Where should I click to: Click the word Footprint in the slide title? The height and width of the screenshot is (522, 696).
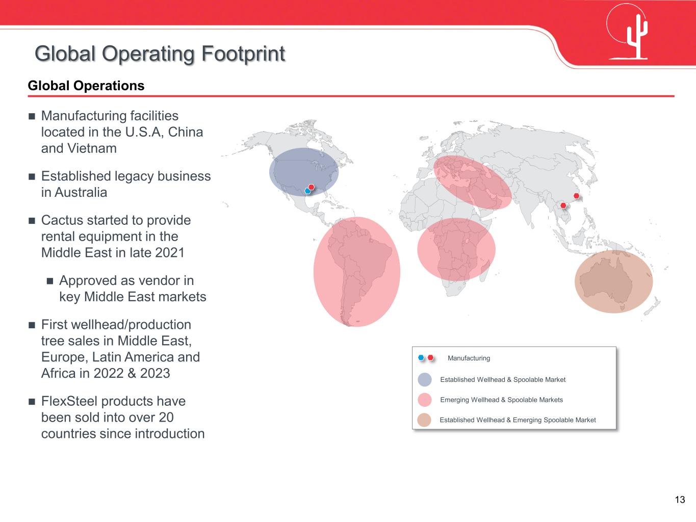coord(243,54)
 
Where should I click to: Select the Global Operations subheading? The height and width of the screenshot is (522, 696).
coord(86,86)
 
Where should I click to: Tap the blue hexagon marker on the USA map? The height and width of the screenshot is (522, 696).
coord(307,191)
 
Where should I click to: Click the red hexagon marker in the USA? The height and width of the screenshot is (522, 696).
coord(312,187)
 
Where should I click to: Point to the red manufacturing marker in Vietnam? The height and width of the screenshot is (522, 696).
coord(563,205)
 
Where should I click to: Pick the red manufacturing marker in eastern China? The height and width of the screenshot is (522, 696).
coord(577,196)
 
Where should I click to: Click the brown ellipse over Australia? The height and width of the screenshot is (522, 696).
coord(613,281)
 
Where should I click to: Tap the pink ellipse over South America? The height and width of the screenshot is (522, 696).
coord(357,272)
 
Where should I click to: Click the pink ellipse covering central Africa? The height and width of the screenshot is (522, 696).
coord(456,249)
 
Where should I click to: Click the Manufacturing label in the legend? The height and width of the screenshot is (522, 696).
coord(469,358)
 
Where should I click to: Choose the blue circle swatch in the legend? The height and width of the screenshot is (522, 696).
coord(425,379)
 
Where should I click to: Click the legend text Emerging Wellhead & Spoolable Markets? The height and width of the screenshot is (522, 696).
coord(501,400)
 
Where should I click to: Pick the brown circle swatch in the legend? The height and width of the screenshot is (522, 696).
coord(424,420)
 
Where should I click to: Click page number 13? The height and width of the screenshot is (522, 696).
coord(680,500)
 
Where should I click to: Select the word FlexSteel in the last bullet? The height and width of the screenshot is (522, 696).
coord(69,401)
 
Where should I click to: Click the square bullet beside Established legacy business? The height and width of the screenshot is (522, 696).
coord(32,176)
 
